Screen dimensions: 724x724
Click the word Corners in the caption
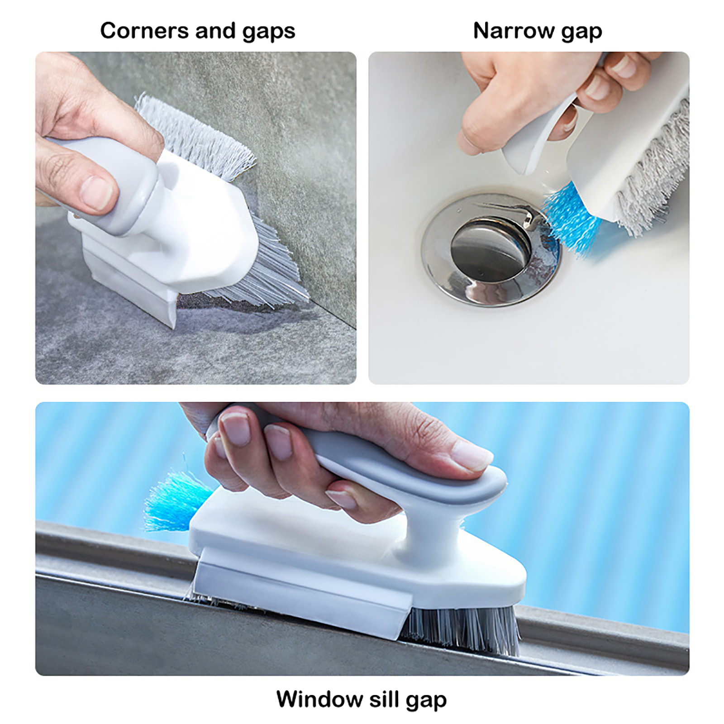[144, 31]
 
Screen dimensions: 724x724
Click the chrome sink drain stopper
[491, 249]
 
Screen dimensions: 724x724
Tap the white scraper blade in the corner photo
[131, 290]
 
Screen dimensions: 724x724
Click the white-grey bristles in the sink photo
[654, 172]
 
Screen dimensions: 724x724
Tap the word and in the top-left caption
[215, 31]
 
